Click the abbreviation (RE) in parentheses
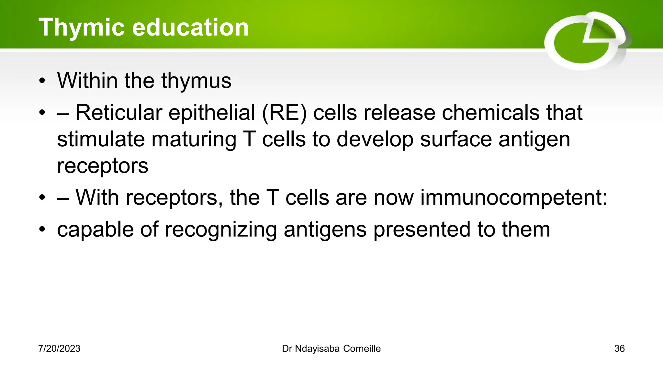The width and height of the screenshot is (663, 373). (284, 113)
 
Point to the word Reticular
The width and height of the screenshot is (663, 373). (119, 113)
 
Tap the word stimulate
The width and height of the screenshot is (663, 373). (100, 140)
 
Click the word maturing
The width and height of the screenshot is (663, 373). (194, 140)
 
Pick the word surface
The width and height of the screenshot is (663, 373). (455, 140)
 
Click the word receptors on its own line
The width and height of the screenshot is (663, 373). (103, 166)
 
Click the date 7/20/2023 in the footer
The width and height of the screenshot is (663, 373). (59, 349)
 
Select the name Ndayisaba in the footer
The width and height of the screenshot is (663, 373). (317, 349)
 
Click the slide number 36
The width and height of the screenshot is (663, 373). (619, 349)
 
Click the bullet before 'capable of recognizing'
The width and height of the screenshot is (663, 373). (42, 230)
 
